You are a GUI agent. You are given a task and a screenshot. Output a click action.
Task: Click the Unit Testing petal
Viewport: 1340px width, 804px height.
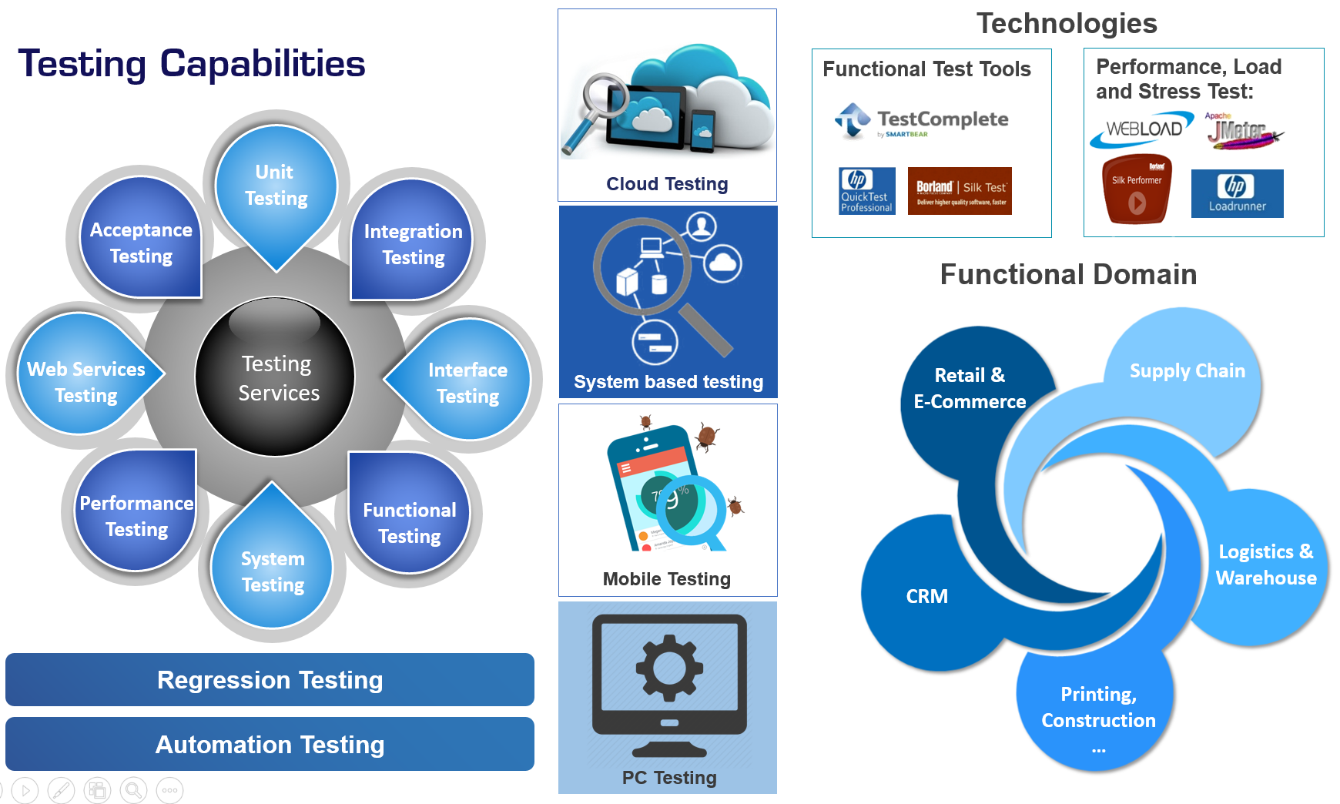pyautogui.click(x=276, y=186)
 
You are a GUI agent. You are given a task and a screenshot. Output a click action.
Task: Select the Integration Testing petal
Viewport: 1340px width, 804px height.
pyautogui.click(x=413, y=244)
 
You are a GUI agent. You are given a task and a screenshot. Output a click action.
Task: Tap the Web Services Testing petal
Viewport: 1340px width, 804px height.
pyautogui.click(x=86, y=381)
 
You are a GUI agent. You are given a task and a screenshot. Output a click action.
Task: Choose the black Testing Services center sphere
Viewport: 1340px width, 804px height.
pyautogui.click(x=276, y=377)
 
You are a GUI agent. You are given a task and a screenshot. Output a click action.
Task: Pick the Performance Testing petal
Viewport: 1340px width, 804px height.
pyautogui.click(x=136, y=515)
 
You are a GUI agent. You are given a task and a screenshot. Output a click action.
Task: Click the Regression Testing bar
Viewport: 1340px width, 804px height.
pyautogui.click(x=270, y=680)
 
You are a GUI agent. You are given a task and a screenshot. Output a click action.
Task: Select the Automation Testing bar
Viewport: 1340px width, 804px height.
pyautogui.click(x=270, y=745)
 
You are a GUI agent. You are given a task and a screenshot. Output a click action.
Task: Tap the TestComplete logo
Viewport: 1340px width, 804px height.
pyautogui.click(x=922, y=121)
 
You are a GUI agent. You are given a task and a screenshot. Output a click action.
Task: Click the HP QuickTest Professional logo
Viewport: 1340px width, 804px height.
pyautogui.click(x=867, y=190)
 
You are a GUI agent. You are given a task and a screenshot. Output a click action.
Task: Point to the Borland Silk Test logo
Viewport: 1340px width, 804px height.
pyautogui.click(x=960, y=190)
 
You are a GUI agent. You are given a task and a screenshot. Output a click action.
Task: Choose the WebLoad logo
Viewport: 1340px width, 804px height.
pyautogui.click(x=1141, y=130)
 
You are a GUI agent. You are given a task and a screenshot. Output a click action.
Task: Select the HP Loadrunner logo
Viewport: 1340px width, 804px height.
pyautogui.click(x=1237, y=193)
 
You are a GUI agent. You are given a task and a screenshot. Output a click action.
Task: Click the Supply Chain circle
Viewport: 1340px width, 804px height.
pyautogui.click(x=1187, y=370)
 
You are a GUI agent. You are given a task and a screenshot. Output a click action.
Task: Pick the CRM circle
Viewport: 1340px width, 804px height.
pyautogui.click(x=927, y=596)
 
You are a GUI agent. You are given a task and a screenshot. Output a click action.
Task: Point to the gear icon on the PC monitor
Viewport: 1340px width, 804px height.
pyautogui.click(x=668, y=667)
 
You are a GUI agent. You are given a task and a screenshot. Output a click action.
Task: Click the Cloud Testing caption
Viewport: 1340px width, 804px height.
pyautogui.click(x=667, y=184)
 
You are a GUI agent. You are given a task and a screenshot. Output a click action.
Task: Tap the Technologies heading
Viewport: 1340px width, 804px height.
pyautogui.click(x=1067, y=24)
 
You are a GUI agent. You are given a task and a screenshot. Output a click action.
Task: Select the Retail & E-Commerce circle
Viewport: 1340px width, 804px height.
pyautogui.click(x=970, y=388)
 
